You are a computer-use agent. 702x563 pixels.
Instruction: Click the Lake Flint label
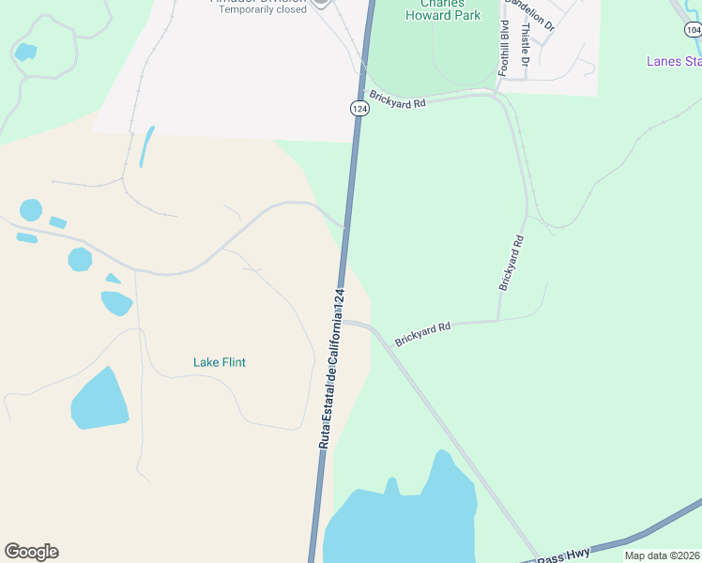219,362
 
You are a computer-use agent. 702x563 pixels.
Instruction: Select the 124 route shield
360,109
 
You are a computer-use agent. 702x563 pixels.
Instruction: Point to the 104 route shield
693,30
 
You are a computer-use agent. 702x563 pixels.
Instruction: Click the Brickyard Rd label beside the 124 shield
397,98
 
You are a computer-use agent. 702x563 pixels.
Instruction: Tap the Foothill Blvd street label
504,48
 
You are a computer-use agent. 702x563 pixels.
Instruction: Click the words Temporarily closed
262,9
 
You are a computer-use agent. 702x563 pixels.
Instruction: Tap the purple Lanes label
673,62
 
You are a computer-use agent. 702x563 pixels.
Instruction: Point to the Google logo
31,552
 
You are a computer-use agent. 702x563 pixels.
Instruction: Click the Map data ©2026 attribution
662,555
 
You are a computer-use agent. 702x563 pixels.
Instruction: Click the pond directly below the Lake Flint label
99,401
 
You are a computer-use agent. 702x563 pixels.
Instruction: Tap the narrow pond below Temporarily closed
146,145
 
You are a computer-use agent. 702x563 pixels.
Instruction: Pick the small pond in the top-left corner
25,52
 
